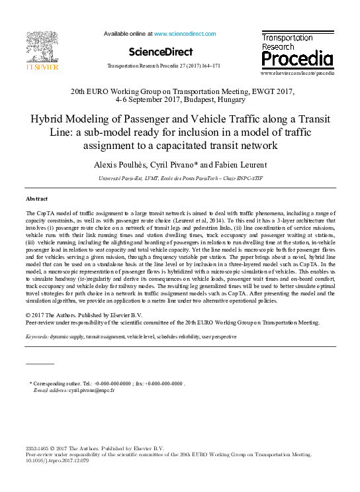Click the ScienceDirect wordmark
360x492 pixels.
(x=161, y=52)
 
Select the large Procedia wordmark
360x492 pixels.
(x=297, y=59)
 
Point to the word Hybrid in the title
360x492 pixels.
(x=44, y=120)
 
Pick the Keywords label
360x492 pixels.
(x=40, y=336)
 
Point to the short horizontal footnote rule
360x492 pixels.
(x=39, y=364)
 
